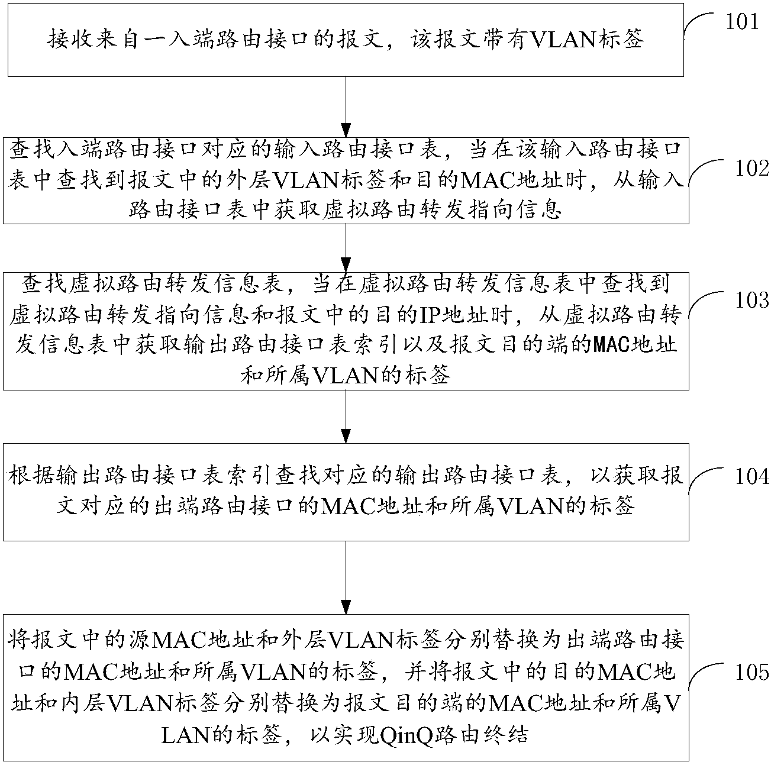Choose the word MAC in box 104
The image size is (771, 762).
click(x=346, y=507)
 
